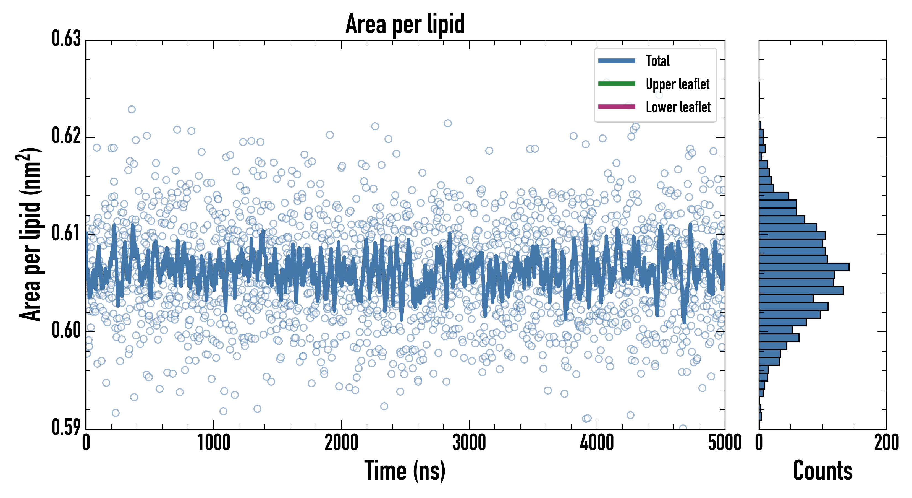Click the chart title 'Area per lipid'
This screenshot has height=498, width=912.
click(405, 24)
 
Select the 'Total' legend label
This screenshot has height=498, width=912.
click(657, 61)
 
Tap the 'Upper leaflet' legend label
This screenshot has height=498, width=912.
click(678, 84)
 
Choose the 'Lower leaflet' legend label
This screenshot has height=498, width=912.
click(678, 107)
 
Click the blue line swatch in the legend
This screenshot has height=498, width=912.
click(617, 61)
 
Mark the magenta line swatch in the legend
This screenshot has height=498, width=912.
click(617, 107)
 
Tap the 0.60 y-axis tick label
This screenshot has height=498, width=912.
click(66, 330)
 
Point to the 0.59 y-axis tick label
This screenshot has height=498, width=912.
click(66, 427)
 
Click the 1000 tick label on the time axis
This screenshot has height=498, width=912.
click(213, 443)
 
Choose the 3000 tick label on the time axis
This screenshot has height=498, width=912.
click(469, 443)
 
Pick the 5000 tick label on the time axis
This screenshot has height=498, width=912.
click(724, 443)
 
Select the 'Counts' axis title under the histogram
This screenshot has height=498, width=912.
click(823, 471)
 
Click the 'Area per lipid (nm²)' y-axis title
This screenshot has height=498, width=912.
click(30, 234)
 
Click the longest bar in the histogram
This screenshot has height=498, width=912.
click(804, 267)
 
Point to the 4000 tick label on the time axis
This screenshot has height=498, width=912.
click(597, 443)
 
